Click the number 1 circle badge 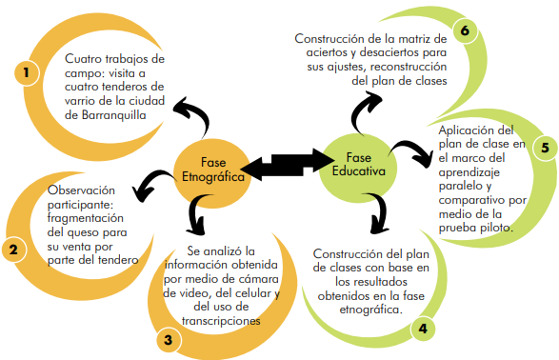coord(27,72)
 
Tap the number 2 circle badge coord(13,250)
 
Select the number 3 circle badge coord(169,340)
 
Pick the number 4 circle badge coord(423,329)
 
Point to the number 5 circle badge coord(545,148)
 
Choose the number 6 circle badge coord(465,30)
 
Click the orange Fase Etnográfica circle coord(212,173)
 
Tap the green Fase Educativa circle coord(358,168)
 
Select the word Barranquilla coord(113,115)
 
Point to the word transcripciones coord(221,321)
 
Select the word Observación coord(81,190)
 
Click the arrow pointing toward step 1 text coord(194,113)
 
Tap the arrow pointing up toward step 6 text coord(366,110)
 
